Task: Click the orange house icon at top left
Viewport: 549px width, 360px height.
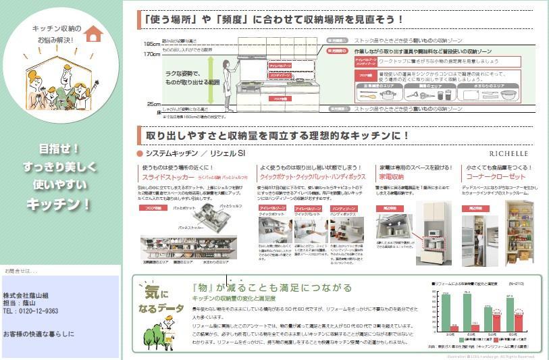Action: (94, 33)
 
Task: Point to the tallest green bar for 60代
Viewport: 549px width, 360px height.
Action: (511, 314)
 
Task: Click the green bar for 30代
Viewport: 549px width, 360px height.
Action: (446, 313)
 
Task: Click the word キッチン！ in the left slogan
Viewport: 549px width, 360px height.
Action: (58, 203)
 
